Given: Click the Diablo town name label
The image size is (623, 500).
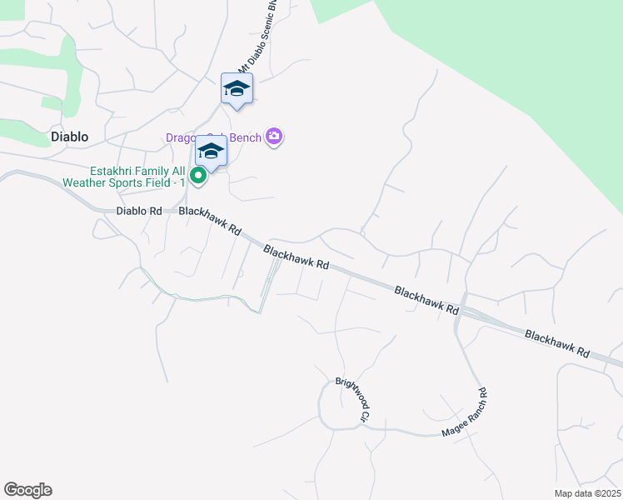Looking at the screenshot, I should tap(69, 136).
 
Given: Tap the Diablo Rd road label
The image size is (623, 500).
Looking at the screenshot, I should tap(139, 211).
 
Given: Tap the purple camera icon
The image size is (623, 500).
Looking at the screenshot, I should tap(274, 137).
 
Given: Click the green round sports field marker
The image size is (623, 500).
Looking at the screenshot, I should tap(197, 175).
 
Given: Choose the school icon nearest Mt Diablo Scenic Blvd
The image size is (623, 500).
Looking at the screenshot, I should tap(237, 88).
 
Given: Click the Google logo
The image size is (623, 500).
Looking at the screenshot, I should tap(27, 490).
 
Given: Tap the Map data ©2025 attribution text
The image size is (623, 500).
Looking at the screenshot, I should tap(587, 493).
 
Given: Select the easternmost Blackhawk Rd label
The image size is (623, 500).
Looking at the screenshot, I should tap(556, 343).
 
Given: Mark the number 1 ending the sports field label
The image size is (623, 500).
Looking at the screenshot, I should tap(180, 182).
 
